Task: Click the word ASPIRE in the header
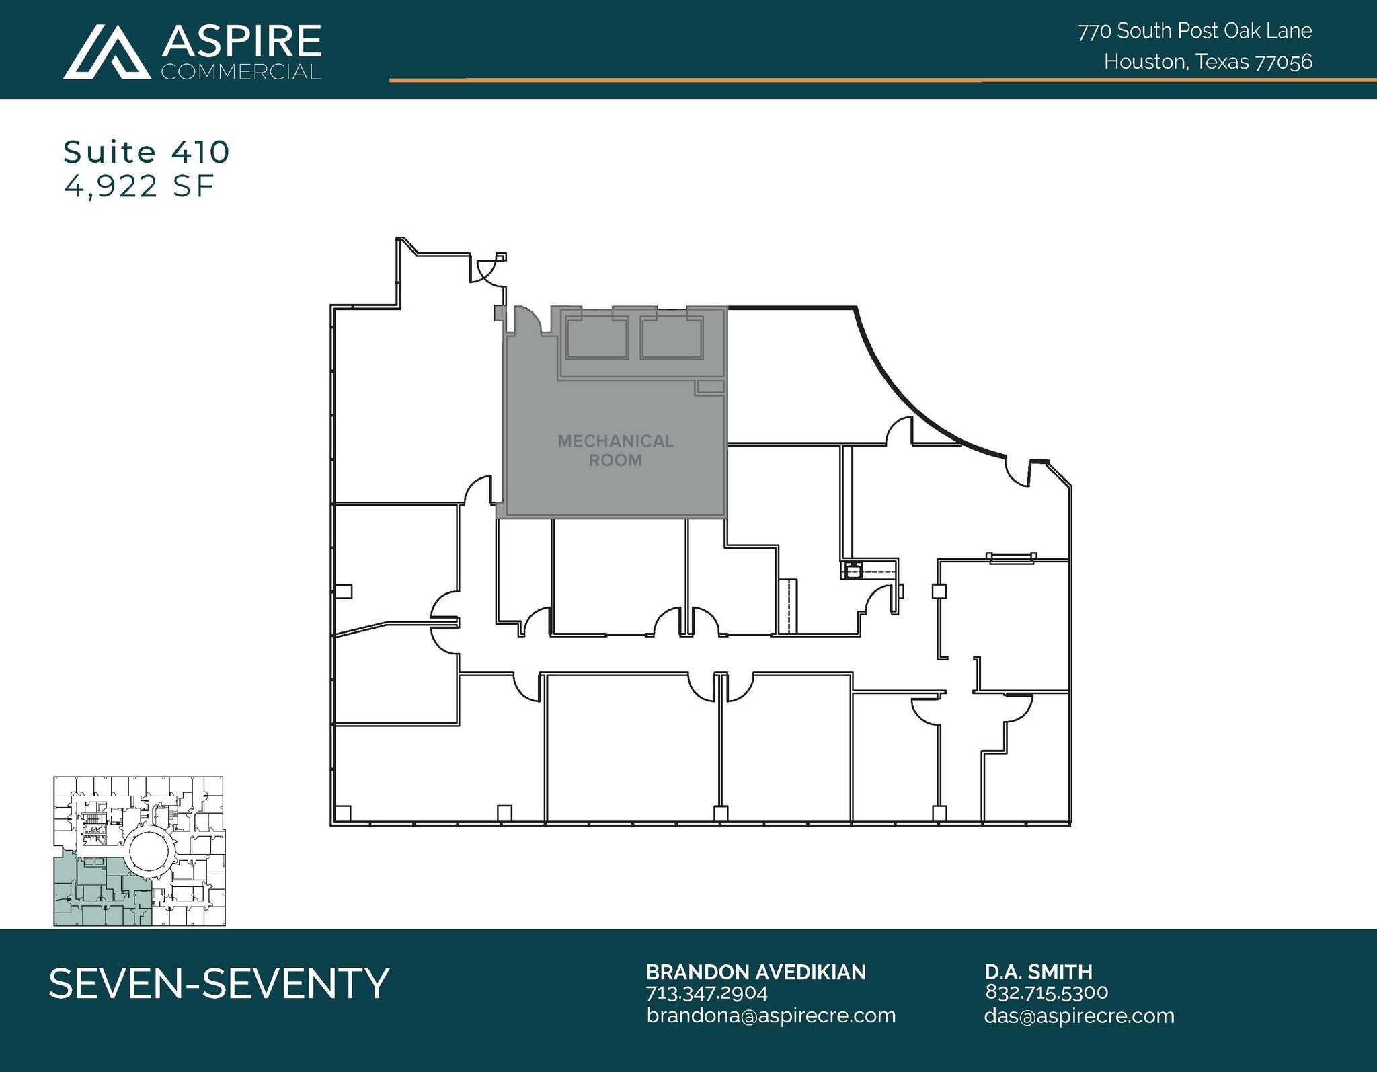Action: pos(241,42)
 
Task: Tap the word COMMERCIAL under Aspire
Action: pos(241,72)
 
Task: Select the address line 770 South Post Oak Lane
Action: pos(1195,31)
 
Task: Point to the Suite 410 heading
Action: pos(147,152)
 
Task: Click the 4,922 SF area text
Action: pos(139,186)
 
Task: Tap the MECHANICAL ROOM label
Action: pos(615,451)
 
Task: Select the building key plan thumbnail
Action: pos(139,851)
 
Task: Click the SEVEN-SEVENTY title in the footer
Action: pos(219,983)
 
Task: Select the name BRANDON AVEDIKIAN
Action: pos(756,972)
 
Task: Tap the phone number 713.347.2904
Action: pos(707,993)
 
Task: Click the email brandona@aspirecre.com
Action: pos(771,1016)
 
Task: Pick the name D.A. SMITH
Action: pos(1038,972)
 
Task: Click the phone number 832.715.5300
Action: pos(1046,993)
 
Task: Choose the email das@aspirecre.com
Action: pos(1078,1016)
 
